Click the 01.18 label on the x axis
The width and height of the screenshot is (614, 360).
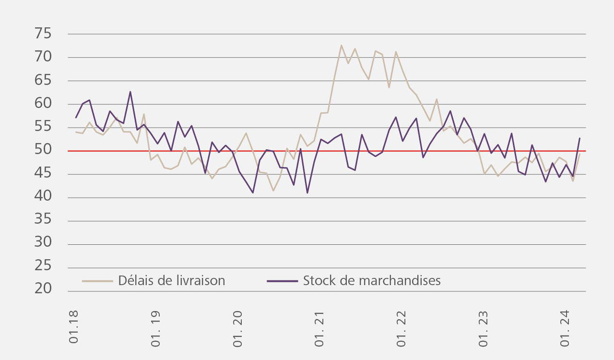pyautogui.click(x=74, y=327)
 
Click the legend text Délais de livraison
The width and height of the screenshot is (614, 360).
pyautogui.click(x=172, y=281)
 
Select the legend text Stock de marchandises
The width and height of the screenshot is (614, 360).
pyautogui.click(x=372, y=281)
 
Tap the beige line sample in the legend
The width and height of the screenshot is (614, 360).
pyautogui.click(x=97, y=281)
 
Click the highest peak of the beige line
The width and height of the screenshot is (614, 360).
pyautogui.click(x=341, y=45)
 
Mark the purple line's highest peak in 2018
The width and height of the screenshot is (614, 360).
pyautogui.click(x=130, y=92)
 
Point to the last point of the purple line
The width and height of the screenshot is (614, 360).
pyautogui.click(x=579, y=138)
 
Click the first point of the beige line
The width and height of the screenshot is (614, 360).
pyautogui.click(x=76, y=132)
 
